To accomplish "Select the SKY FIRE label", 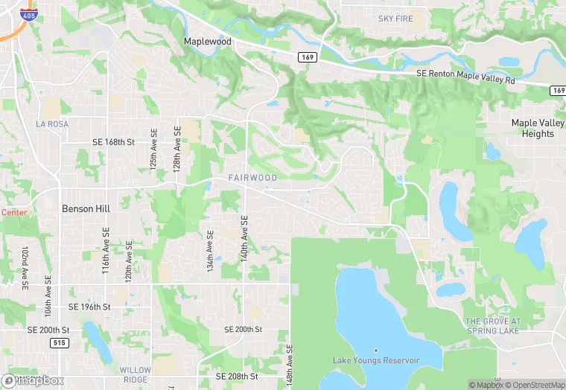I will pyautogui.click(x=395, y=18).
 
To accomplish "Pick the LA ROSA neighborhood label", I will pyautogui.click(x=52, y=124).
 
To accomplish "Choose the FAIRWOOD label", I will pyautogui.click(x=252, y=178).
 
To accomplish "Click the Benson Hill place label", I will pyautogui.click(x=86, y=209).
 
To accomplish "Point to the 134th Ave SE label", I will pyautogui.click(x=211, y=250).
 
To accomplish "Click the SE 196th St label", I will pyautogui.click(x=89, y=307).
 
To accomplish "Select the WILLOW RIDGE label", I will pyautogui.click(x=135, y=374).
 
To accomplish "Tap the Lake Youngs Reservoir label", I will pyautogui.click(x=376, y=360).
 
